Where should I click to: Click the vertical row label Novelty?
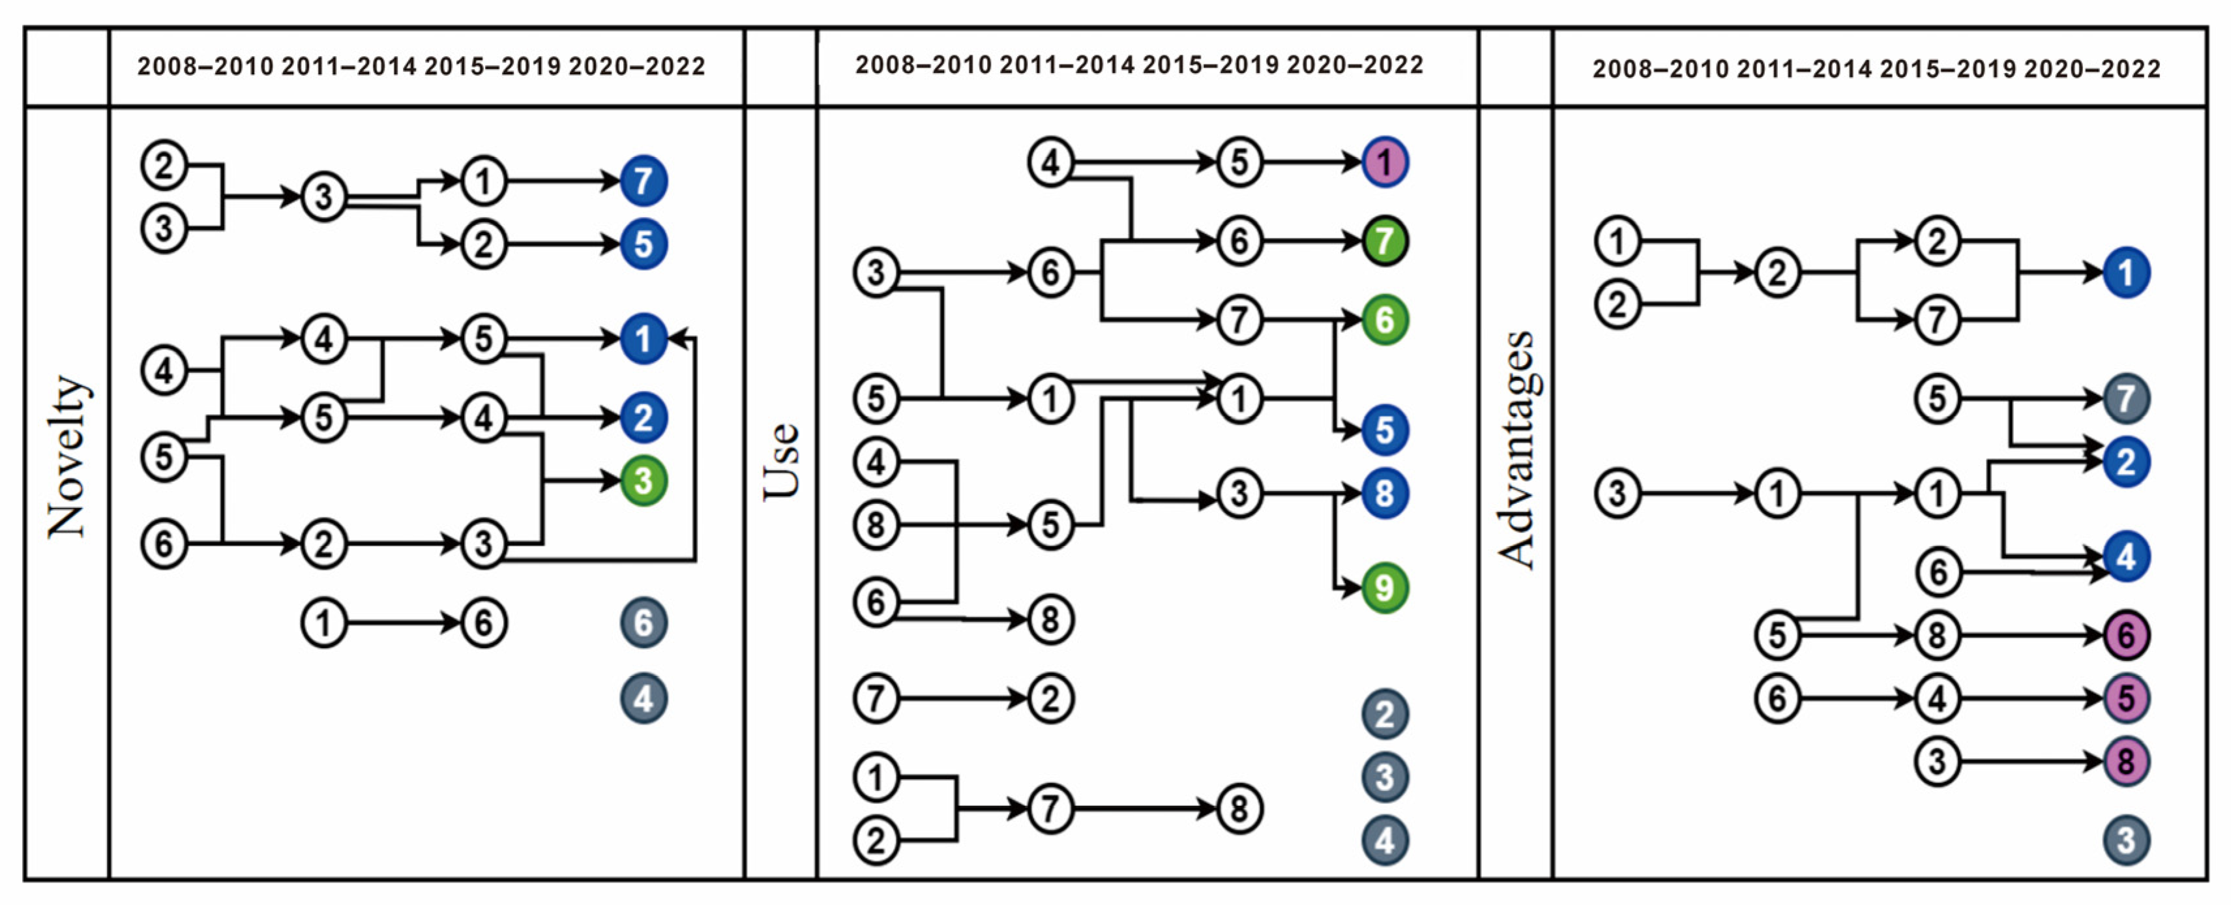[68, 456]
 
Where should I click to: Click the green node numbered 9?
[1384, 588]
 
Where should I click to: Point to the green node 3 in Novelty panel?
[643, 481]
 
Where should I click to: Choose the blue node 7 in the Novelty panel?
[643, 181]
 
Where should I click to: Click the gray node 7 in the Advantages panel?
[2126, 398]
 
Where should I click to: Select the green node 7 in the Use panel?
[1384, 241]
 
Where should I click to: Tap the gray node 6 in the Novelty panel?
[643, 623]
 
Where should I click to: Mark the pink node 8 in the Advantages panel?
[2126, 762]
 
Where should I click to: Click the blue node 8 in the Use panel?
[1384, 494]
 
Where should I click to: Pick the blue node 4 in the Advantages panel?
[2126, 556]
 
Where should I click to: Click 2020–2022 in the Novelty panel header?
[636, 67]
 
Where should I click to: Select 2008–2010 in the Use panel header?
[923, 65]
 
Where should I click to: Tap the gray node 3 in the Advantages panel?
[2126, 840]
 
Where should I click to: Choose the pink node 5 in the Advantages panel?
[2126, 698]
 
